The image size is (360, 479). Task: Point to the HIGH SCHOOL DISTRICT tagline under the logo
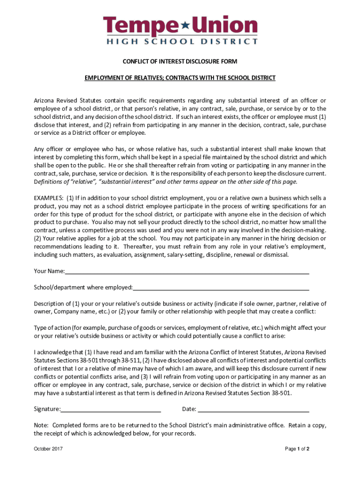click(180, 41)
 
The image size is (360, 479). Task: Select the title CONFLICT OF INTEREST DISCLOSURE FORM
click(180, 62)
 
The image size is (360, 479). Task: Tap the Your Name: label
click(49, 271)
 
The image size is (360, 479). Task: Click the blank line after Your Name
click(187, 272)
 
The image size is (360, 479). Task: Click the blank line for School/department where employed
click(221, 288)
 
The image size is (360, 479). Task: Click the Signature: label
click(47, 409)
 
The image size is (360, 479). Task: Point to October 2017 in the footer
click(48, 449)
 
